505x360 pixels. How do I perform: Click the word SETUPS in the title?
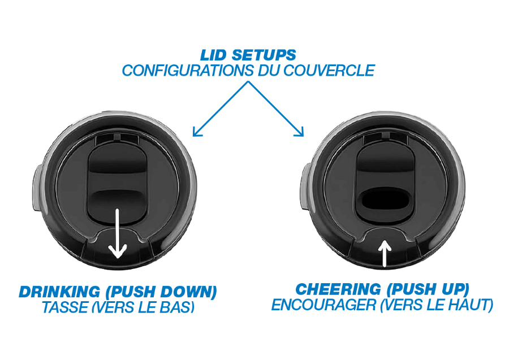264,55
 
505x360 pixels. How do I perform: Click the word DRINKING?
59,292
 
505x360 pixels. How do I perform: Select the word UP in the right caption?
454,289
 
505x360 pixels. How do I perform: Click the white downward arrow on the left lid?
118,233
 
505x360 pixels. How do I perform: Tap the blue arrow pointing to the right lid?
276,109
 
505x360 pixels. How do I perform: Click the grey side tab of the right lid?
305,186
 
